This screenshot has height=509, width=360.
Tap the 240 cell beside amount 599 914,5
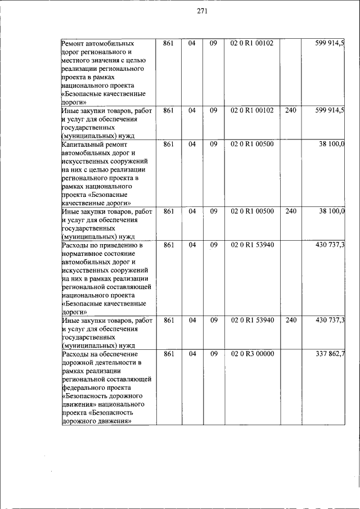[x=290, y=110]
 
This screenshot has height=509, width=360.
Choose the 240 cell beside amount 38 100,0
[x=290, y=211]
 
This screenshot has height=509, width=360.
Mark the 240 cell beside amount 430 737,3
[x=290, y=320]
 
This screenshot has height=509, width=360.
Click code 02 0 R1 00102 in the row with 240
[x=252, y=110]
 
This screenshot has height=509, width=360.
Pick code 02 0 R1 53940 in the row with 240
[x=252, y=320]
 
